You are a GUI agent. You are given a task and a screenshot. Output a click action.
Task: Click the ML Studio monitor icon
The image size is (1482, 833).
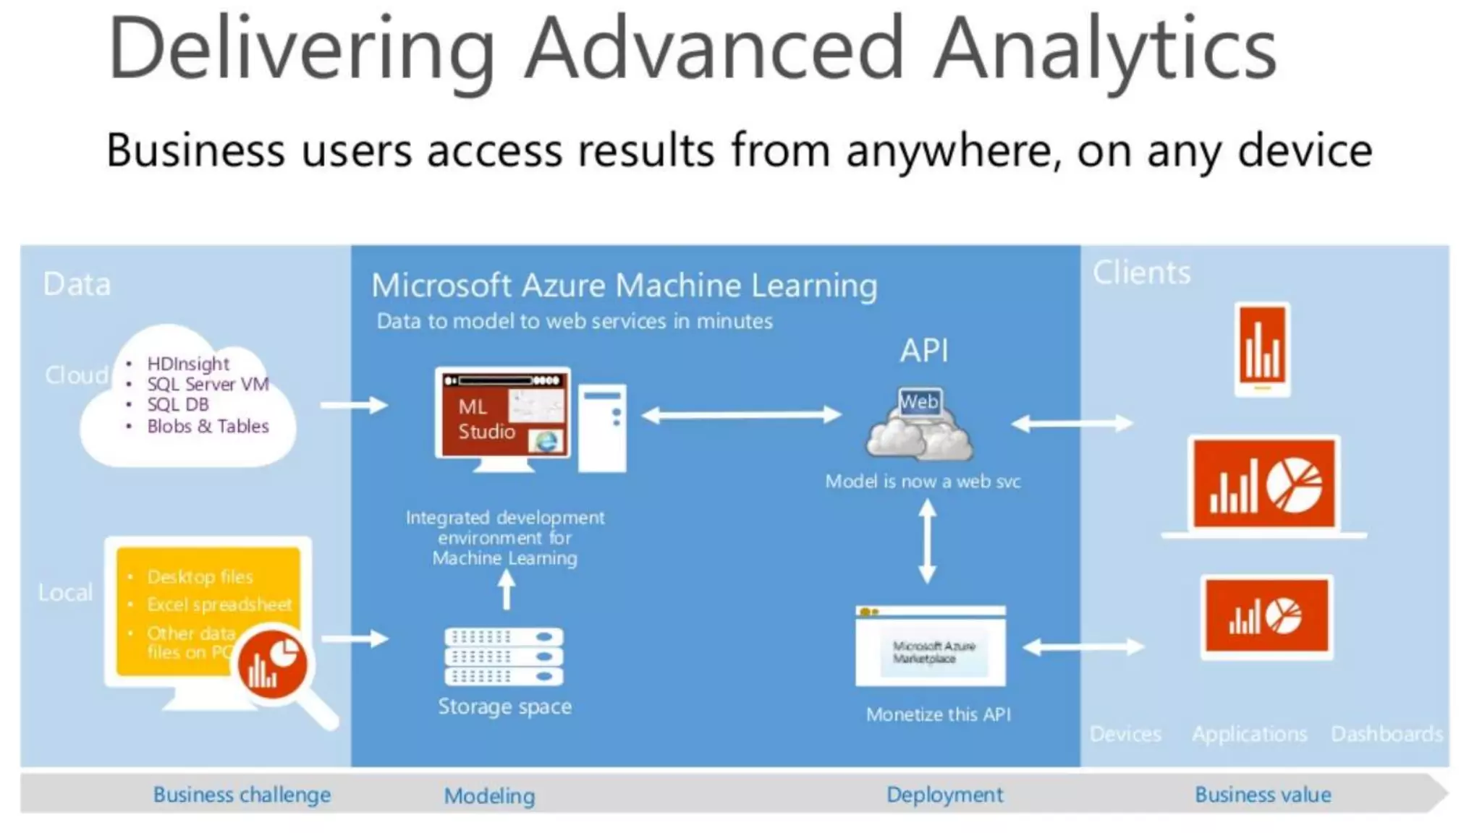coord(503,416)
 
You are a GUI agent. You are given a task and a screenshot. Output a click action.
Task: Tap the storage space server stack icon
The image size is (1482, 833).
coord(504,656)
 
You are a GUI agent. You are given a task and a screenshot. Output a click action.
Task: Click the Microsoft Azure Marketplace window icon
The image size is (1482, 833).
coord(931,646)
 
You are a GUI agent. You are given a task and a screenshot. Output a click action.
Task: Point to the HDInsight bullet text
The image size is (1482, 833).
coord(188,364)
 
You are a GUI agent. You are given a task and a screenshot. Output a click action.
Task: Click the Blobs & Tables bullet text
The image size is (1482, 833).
coord(208,426)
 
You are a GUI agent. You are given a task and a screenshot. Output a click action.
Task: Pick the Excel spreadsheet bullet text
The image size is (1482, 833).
coord(219,604)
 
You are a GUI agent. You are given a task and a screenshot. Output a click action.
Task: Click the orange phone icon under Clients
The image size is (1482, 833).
coord(1262,350)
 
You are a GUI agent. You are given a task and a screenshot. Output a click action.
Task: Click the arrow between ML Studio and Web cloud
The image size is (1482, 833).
coord(742,414)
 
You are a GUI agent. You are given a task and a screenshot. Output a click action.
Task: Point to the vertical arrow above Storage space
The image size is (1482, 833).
coord(507,589)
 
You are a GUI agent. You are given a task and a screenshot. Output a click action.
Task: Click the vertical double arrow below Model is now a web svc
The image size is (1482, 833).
coord(927,542)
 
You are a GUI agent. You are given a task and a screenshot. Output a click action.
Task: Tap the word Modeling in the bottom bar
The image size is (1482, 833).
coord(489,795)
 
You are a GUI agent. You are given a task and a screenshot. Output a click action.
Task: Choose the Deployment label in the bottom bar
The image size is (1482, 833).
coord(944,794)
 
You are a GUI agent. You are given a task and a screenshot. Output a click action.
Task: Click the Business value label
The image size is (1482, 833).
coord(1263,794)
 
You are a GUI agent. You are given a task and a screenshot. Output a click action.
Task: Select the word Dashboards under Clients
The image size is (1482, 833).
coord(1386,733)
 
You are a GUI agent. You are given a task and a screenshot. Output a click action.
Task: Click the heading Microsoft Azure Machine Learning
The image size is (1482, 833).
coord(624,285)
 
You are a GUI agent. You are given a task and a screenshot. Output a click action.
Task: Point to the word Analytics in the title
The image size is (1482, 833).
coord(1105,49)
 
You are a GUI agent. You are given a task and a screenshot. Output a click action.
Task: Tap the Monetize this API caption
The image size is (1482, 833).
coord(938,714)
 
